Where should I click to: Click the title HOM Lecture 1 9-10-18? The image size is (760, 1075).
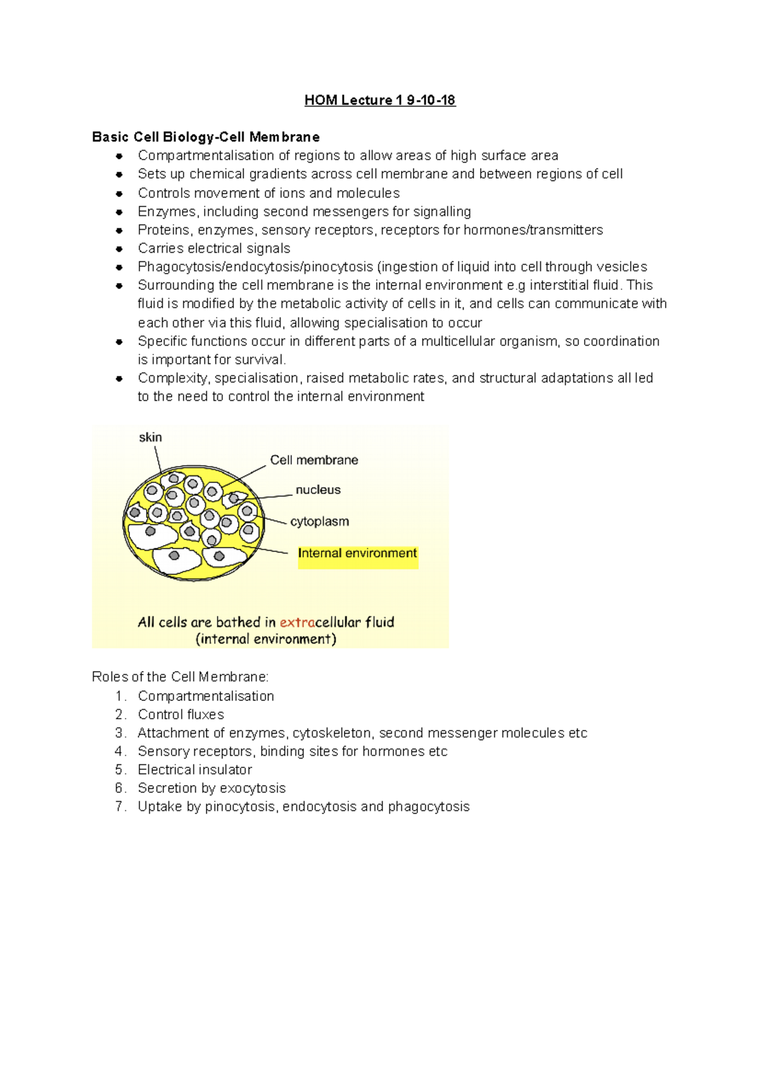tap(379, 100)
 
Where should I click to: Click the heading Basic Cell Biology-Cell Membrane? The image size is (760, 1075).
tap(206, 137)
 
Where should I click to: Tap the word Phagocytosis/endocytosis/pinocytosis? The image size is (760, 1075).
tap(255, 267)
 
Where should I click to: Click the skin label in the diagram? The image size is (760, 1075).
tap(150, 437)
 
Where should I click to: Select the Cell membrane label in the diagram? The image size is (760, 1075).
tap(314, 460)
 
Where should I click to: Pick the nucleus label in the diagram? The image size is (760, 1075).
tap(318, 490)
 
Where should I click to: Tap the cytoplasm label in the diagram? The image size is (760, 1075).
tap(319, 522)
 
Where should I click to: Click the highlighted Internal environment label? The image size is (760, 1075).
tap(357, 553)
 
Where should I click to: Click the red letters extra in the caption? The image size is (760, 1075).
tap(297, 622)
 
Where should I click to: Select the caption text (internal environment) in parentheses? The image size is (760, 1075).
tap(266, 639)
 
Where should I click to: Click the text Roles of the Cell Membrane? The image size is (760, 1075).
tap(180, 677)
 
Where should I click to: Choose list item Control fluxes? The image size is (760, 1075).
tap(180, 715)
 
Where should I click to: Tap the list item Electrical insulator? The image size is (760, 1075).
tap(194, 770)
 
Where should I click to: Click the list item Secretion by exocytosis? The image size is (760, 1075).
tap(212, 788)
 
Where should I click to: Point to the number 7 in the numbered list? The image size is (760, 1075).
tap(120, 807)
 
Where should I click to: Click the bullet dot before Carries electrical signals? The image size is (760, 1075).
tap(119, 249)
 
